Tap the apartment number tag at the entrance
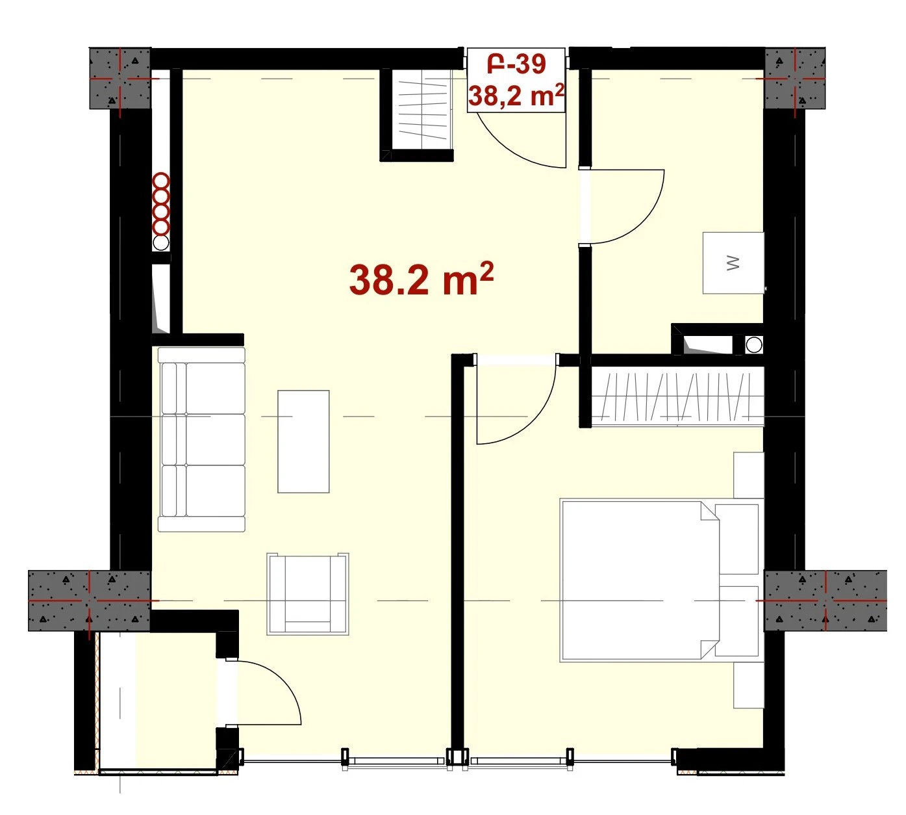click(516, 79)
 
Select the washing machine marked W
click(733, 263)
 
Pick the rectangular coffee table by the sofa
click(303, 441)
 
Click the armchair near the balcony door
click(308, 593)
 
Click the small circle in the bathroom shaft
click(753, 345)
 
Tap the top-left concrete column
click(120, 78)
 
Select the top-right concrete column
click(794, 78)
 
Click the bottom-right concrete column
click(825, 601)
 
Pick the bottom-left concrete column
click(90, 601)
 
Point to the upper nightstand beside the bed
click(748, 475)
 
